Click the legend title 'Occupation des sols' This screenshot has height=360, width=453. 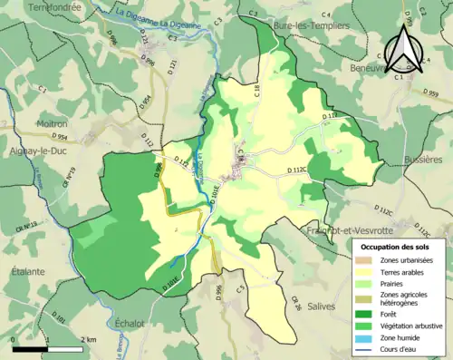(x=396, y=247)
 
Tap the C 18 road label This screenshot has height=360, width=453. (x=255, y=88)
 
